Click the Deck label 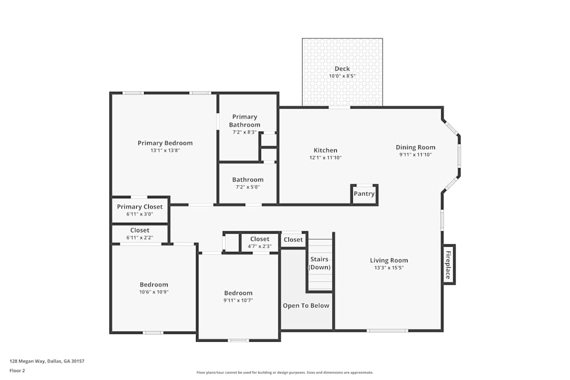pyautogui.click(x=342, y=69)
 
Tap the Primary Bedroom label pyautogui.click(x=165, y=143)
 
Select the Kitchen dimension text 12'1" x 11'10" pyautogui.click(x=325, y=158)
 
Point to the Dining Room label pyautogui.click(x=416, y=147)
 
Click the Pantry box pyautogui.click(x=364, y=194)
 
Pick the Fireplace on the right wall pyautogui.click(x=449, y=265)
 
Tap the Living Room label pyautogui.click(x=389, y=260)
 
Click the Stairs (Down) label pyautogui.click(x=319, y=263)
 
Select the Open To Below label pyautogui.click(x=306, y=306)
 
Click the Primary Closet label pyautogui.click(x=140, y=207)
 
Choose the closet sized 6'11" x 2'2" pyautogui.click(x=140, y=234)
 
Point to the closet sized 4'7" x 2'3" pyautogui.click(x=259, y=243)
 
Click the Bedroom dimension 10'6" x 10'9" pyautogui.click(x=154, y=292)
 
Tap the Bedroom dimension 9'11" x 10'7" pyautogui.click(x=238, y=300)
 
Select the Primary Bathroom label pyautogui.click(x=245, y=121)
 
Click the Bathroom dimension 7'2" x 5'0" pyautogui.click(x=247, y=187)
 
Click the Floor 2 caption pyautogui.click(x=17, y=370)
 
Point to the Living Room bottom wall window pyautogui.click(x=387, y=330)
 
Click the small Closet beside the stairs pyautogui.click(x=294, y=240)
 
